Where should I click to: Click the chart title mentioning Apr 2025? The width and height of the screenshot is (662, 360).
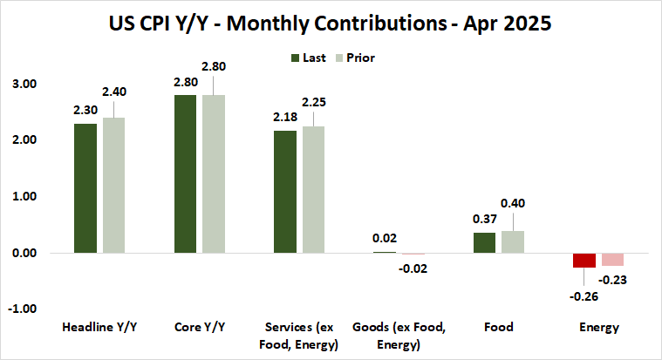(x=331, y=23)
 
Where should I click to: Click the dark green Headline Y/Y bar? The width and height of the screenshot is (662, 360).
(x=85, y=188)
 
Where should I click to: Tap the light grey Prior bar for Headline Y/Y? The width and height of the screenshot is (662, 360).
(x=113, y=185)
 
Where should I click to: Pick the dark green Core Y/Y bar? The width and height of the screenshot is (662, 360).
(x=185, y=174)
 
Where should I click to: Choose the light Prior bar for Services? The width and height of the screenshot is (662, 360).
(x=314, y=189)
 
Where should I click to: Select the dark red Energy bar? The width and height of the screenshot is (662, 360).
(x=584, y=260)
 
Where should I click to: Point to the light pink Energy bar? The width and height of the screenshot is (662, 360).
(x=612, y=259)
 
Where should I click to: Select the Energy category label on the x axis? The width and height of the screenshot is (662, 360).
(x=598, y=328)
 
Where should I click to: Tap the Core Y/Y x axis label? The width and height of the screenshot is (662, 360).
(x=199, y=328)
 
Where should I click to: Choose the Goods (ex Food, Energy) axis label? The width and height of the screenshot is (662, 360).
(x=399, y=335)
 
